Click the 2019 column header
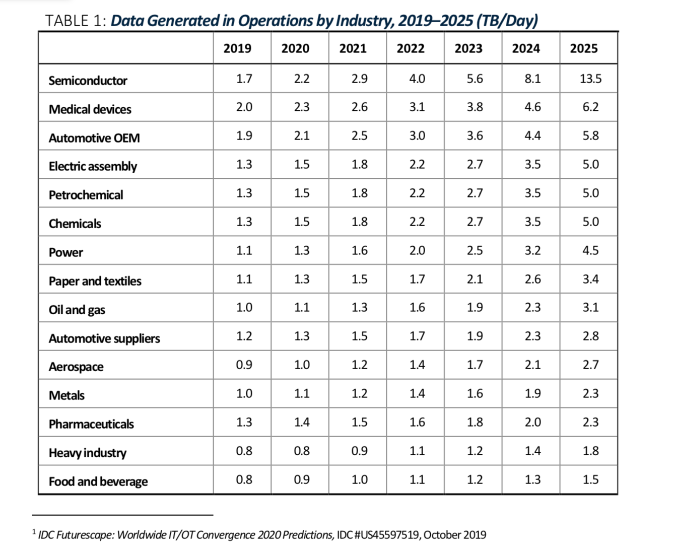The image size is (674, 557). tap(237, 48)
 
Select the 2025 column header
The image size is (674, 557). tap(583, 48)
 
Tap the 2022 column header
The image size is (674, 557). tap(410, 48)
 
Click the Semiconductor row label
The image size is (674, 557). tap(88, 81)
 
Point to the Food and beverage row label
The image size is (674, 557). tap(98, 481)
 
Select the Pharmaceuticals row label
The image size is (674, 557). tap(91, 424)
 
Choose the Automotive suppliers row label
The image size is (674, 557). tap(104, 338)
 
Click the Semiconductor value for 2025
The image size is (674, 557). tap(590, 79)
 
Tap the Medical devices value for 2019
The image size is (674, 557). tap(244, 107)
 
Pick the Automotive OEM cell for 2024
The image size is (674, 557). tap(532, 136)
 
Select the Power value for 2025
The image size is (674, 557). tap(590, 250)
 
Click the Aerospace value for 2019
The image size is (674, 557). tap(244, 365)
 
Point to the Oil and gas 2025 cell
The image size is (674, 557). tap(590, 307)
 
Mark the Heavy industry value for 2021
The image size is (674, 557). tap(359, 451)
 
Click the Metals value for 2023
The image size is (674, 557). tap(475, 393)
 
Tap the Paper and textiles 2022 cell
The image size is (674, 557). tap(417, 279)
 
